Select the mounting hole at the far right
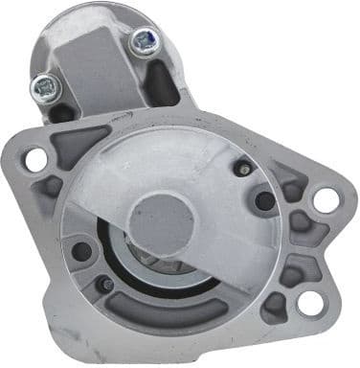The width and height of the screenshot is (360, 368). tap(326, 199)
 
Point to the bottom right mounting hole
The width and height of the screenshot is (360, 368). tap(309, 303)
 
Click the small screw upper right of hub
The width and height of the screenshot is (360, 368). tap(242, 169)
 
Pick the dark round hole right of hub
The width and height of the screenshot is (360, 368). tap(264, 200)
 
